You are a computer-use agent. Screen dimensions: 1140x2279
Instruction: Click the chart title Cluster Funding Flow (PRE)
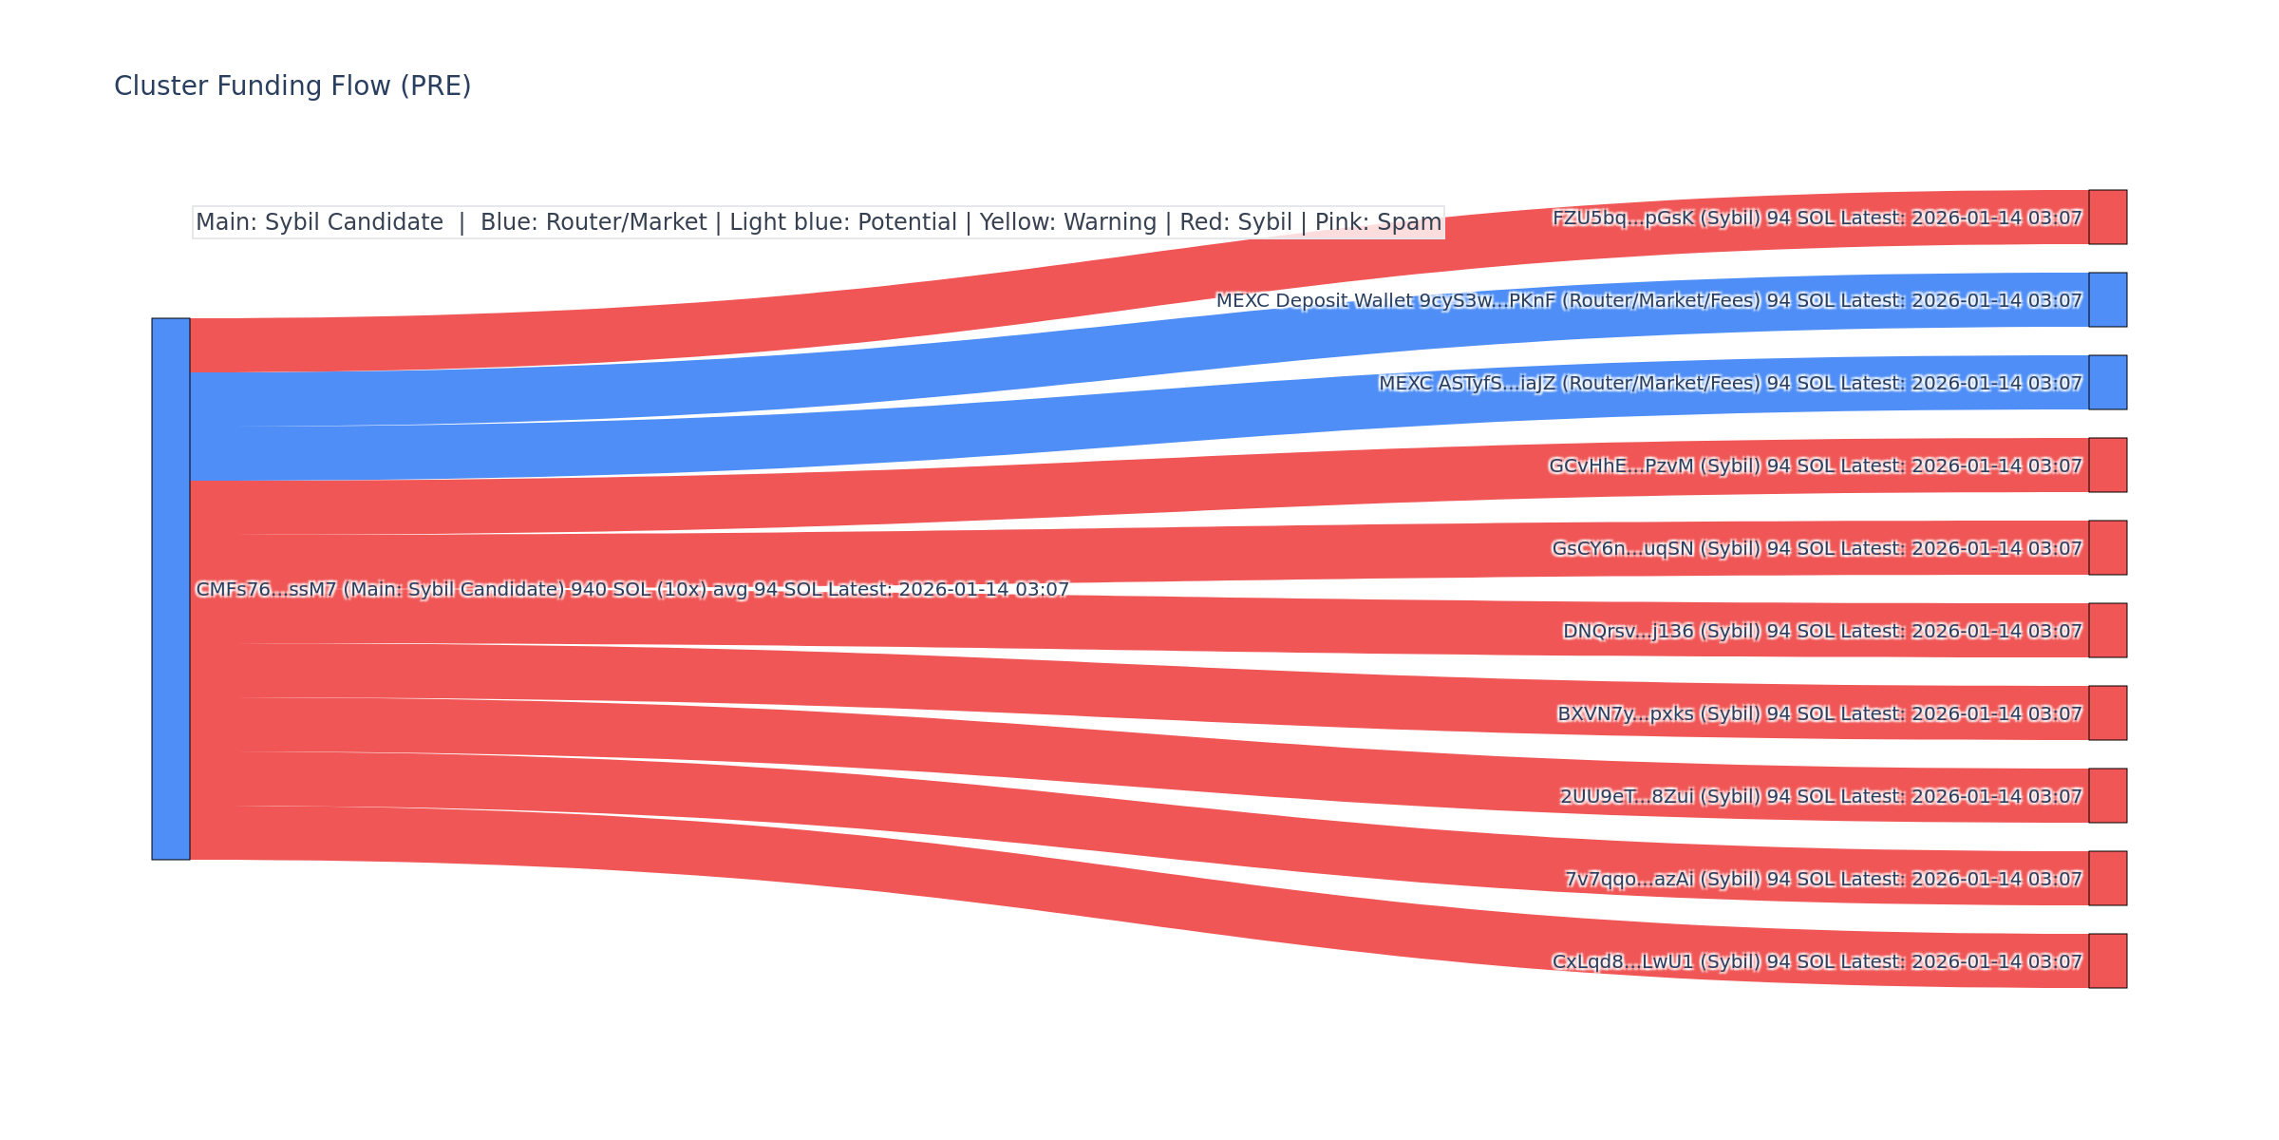coord(292,86)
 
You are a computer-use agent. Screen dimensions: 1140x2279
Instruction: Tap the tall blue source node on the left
coord(171,589)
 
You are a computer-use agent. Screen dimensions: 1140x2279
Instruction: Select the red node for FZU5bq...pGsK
coord(2107,218)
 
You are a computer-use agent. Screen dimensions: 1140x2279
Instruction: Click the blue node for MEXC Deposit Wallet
coord(2107,300)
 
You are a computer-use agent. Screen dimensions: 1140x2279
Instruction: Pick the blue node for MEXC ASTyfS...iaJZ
coord(2107,383)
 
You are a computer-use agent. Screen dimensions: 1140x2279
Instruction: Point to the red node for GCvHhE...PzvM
coord(2107,465)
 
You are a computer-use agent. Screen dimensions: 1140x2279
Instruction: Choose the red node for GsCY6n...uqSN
coord(2107,548)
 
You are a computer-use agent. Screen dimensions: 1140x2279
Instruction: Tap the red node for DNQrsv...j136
coord(2107,631)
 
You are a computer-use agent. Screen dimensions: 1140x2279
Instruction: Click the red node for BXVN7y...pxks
coord(2107,713)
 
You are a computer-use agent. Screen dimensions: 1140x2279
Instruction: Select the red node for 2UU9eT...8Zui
coord(2107,796)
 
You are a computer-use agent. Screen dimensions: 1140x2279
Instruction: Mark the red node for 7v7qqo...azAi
coord(2107,879)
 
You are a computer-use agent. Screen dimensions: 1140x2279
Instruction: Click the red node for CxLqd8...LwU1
coord(2107,961)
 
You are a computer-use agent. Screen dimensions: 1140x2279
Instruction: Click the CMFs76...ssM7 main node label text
coord(632,590)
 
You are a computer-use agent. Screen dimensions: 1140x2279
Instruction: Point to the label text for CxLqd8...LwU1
coord(1817,962)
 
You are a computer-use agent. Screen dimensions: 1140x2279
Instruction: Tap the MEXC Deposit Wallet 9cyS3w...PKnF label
coord(1648,301)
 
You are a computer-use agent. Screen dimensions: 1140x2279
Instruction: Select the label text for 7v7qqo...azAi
coord(1823,880)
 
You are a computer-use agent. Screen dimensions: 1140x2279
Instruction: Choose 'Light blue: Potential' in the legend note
coord(843,222)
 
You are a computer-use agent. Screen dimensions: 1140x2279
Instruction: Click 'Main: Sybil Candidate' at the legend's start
coord(319,222)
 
